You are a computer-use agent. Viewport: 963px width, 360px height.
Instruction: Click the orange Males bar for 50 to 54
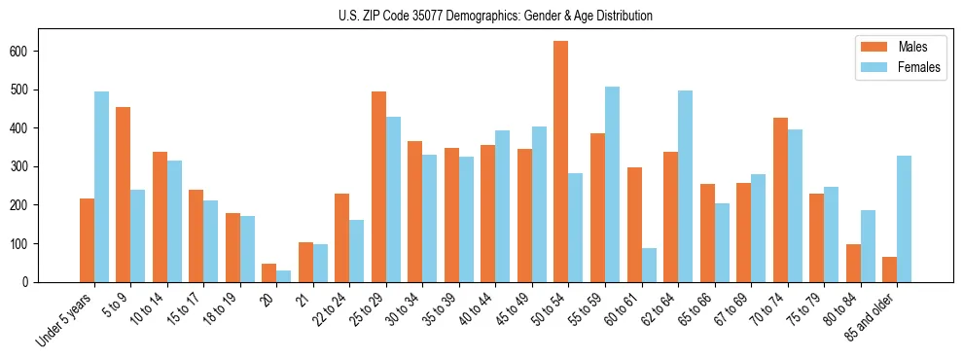click(x=560, y=162)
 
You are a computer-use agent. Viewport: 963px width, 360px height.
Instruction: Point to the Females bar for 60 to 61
click(x=649, y=265)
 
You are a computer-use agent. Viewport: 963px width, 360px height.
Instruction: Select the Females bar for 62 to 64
click(x=685, y=186)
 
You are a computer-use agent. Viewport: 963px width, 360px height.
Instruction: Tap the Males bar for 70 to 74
click(x=780, y=199)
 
